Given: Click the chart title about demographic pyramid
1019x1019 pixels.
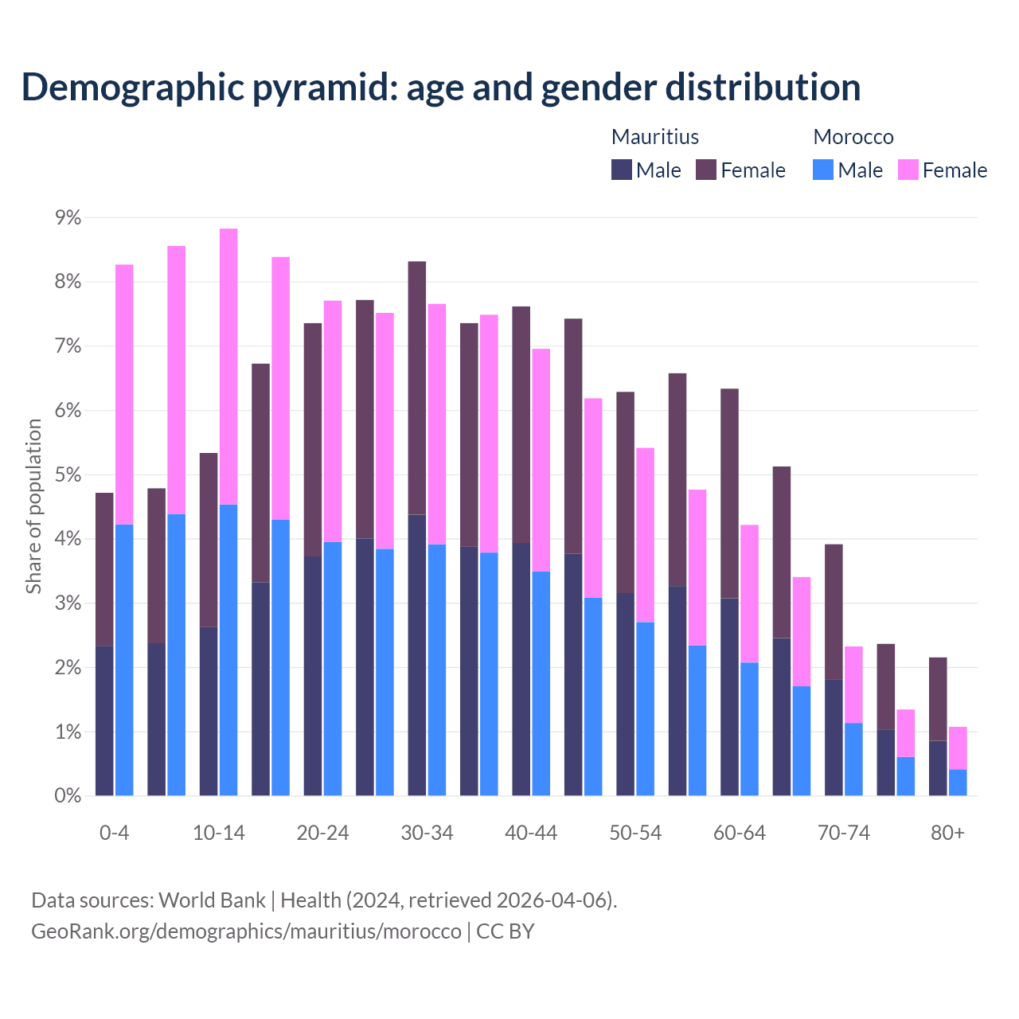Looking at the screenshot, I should [440, 88].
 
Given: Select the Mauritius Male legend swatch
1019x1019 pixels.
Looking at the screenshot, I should [621, 170].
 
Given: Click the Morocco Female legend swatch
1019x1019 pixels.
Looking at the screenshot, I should [908, 170].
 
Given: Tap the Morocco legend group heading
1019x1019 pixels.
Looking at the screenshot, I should [853, 137].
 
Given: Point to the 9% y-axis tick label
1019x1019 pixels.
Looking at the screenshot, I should [68, 217].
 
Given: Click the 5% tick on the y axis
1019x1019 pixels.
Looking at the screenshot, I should [68, 474].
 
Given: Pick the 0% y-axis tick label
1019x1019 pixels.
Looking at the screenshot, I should [68, 795].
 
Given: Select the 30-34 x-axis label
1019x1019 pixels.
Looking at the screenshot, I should [427, 833].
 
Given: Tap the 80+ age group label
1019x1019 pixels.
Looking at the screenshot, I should [947, 833].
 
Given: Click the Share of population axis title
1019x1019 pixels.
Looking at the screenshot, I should [33, 506].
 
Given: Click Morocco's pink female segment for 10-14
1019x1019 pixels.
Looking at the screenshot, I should [228, 366].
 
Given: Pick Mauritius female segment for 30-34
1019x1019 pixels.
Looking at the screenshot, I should [416, 388].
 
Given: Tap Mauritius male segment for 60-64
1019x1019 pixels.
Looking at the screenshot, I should [729, 697].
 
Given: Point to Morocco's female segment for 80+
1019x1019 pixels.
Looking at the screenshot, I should [958, 748].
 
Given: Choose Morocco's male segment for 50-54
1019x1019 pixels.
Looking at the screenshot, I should [645, 709].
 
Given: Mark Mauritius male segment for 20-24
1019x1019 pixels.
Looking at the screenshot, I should [313, 676].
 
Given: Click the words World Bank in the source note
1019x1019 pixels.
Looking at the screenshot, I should [212, 900].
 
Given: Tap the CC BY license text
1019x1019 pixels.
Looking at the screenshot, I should [506, 931].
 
